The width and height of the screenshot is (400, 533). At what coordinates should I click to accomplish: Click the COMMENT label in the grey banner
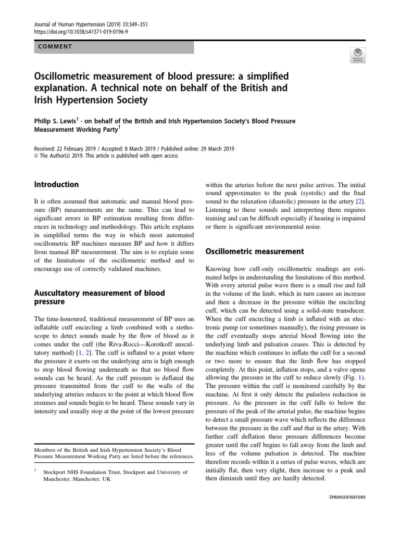tap(55, 46)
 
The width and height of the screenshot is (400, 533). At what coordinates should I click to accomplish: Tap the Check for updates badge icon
tap(358, 55)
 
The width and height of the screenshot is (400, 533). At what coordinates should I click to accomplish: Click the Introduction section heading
tap(56, 184)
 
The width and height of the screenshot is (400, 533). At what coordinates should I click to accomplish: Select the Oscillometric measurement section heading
tap(255, 251)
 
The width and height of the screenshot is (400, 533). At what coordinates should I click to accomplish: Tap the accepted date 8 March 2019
tap(142, 148)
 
